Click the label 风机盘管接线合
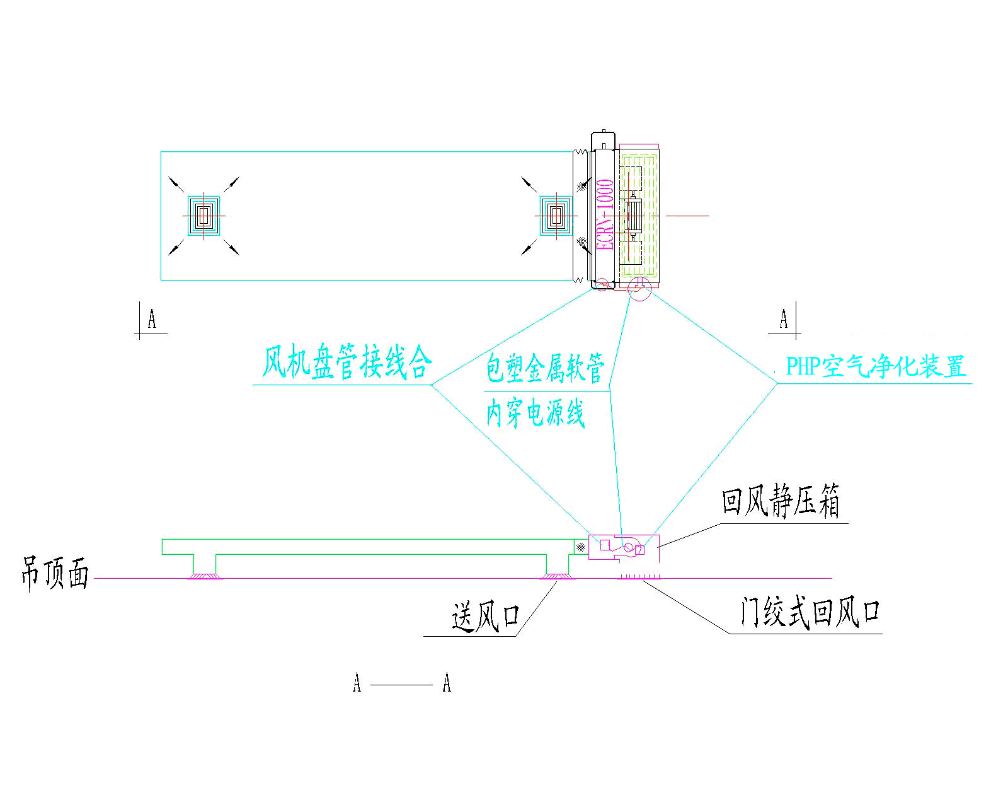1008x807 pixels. tap(346, 361)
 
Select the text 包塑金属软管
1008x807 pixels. tap(545, 368)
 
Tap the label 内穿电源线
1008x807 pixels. tap(535, 413)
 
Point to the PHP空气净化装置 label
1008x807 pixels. tap(876, 367)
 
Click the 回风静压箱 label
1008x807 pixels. tap(781, 501)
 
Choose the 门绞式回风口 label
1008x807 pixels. tap(810, 612)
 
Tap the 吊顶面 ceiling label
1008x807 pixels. tap(55, 574)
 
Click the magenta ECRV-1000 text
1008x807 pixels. tap(605, 214)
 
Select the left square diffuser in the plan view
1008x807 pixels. tap(203, 216)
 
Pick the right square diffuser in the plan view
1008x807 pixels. tap(556, 216)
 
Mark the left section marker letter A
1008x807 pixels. tap(152, 319)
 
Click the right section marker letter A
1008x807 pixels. tap(784, 319)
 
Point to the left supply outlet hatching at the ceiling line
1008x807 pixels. tap(205, 576)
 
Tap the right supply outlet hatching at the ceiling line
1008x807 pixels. tap(557, 576)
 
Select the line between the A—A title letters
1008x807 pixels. tap(401, 685)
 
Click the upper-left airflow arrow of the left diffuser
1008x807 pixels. tap(176, 184)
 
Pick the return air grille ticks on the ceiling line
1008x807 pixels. tap(638, 576)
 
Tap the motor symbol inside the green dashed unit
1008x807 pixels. tap(633, 216)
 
